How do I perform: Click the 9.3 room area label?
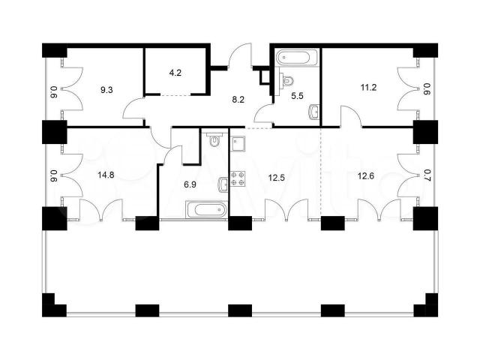tap(106, 90)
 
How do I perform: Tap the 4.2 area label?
tap(175, 73)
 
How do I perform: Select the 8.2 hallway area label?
tap(238, 100)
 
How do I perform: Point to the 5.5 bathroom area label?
tap(297, 96)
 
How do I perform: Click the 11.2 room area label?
tap(368, 88)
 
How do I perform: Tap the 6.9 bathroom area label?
tap(190, 184)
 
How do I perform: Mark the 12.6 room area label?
tap(366, 176)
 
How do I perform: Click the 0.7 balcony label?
tap(427, 175)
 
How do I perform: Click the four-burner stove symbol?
tap(238, 178)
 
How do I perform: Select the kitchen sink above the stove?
tap(238, 144)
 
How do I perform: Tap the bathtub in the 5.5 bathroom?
tap(293, 57)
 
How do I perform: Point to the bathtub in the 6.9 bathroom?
tap(207, 210)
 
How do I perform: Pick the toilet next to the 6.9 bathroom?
tap(215, 140)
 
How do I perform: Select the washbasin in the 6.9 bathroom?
tap(223, 184)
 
